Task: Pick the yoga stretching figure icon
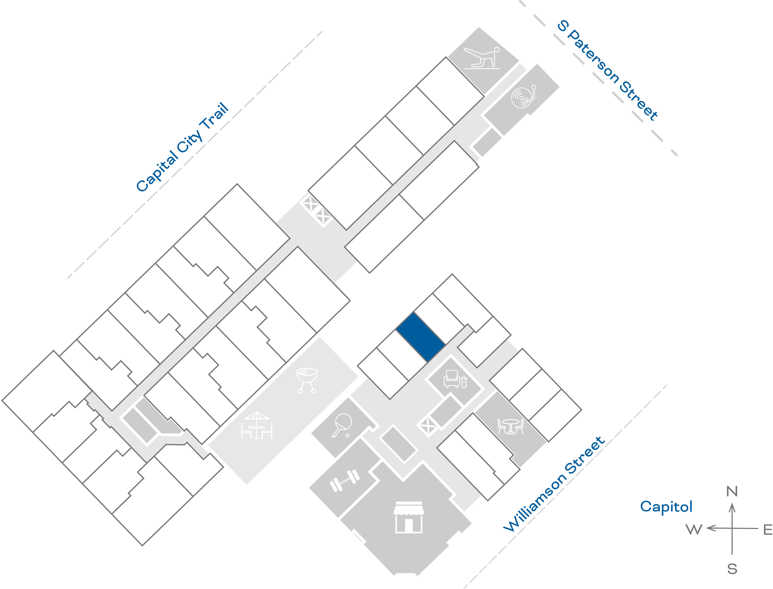click(482, 57)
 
